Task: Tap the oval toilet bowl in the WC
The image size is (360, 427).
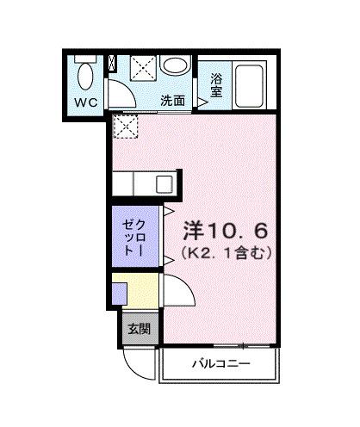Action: (x=84, y=77)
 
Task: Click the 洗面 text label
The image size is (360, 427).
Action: (x=173, y=100)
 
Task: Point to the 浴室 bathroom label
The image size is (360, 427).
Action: (x=217, y=87)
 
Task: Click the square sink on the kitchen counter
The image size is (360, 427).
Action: (x=163, y=183)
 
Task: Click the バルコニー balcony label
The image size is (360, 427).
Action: (x=220, y=364)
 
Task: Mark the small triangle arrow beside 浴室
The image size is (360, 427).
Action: (x=203, y=102)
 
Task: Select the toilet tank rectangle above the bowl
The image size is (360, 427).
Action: (x=84, y=58)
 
